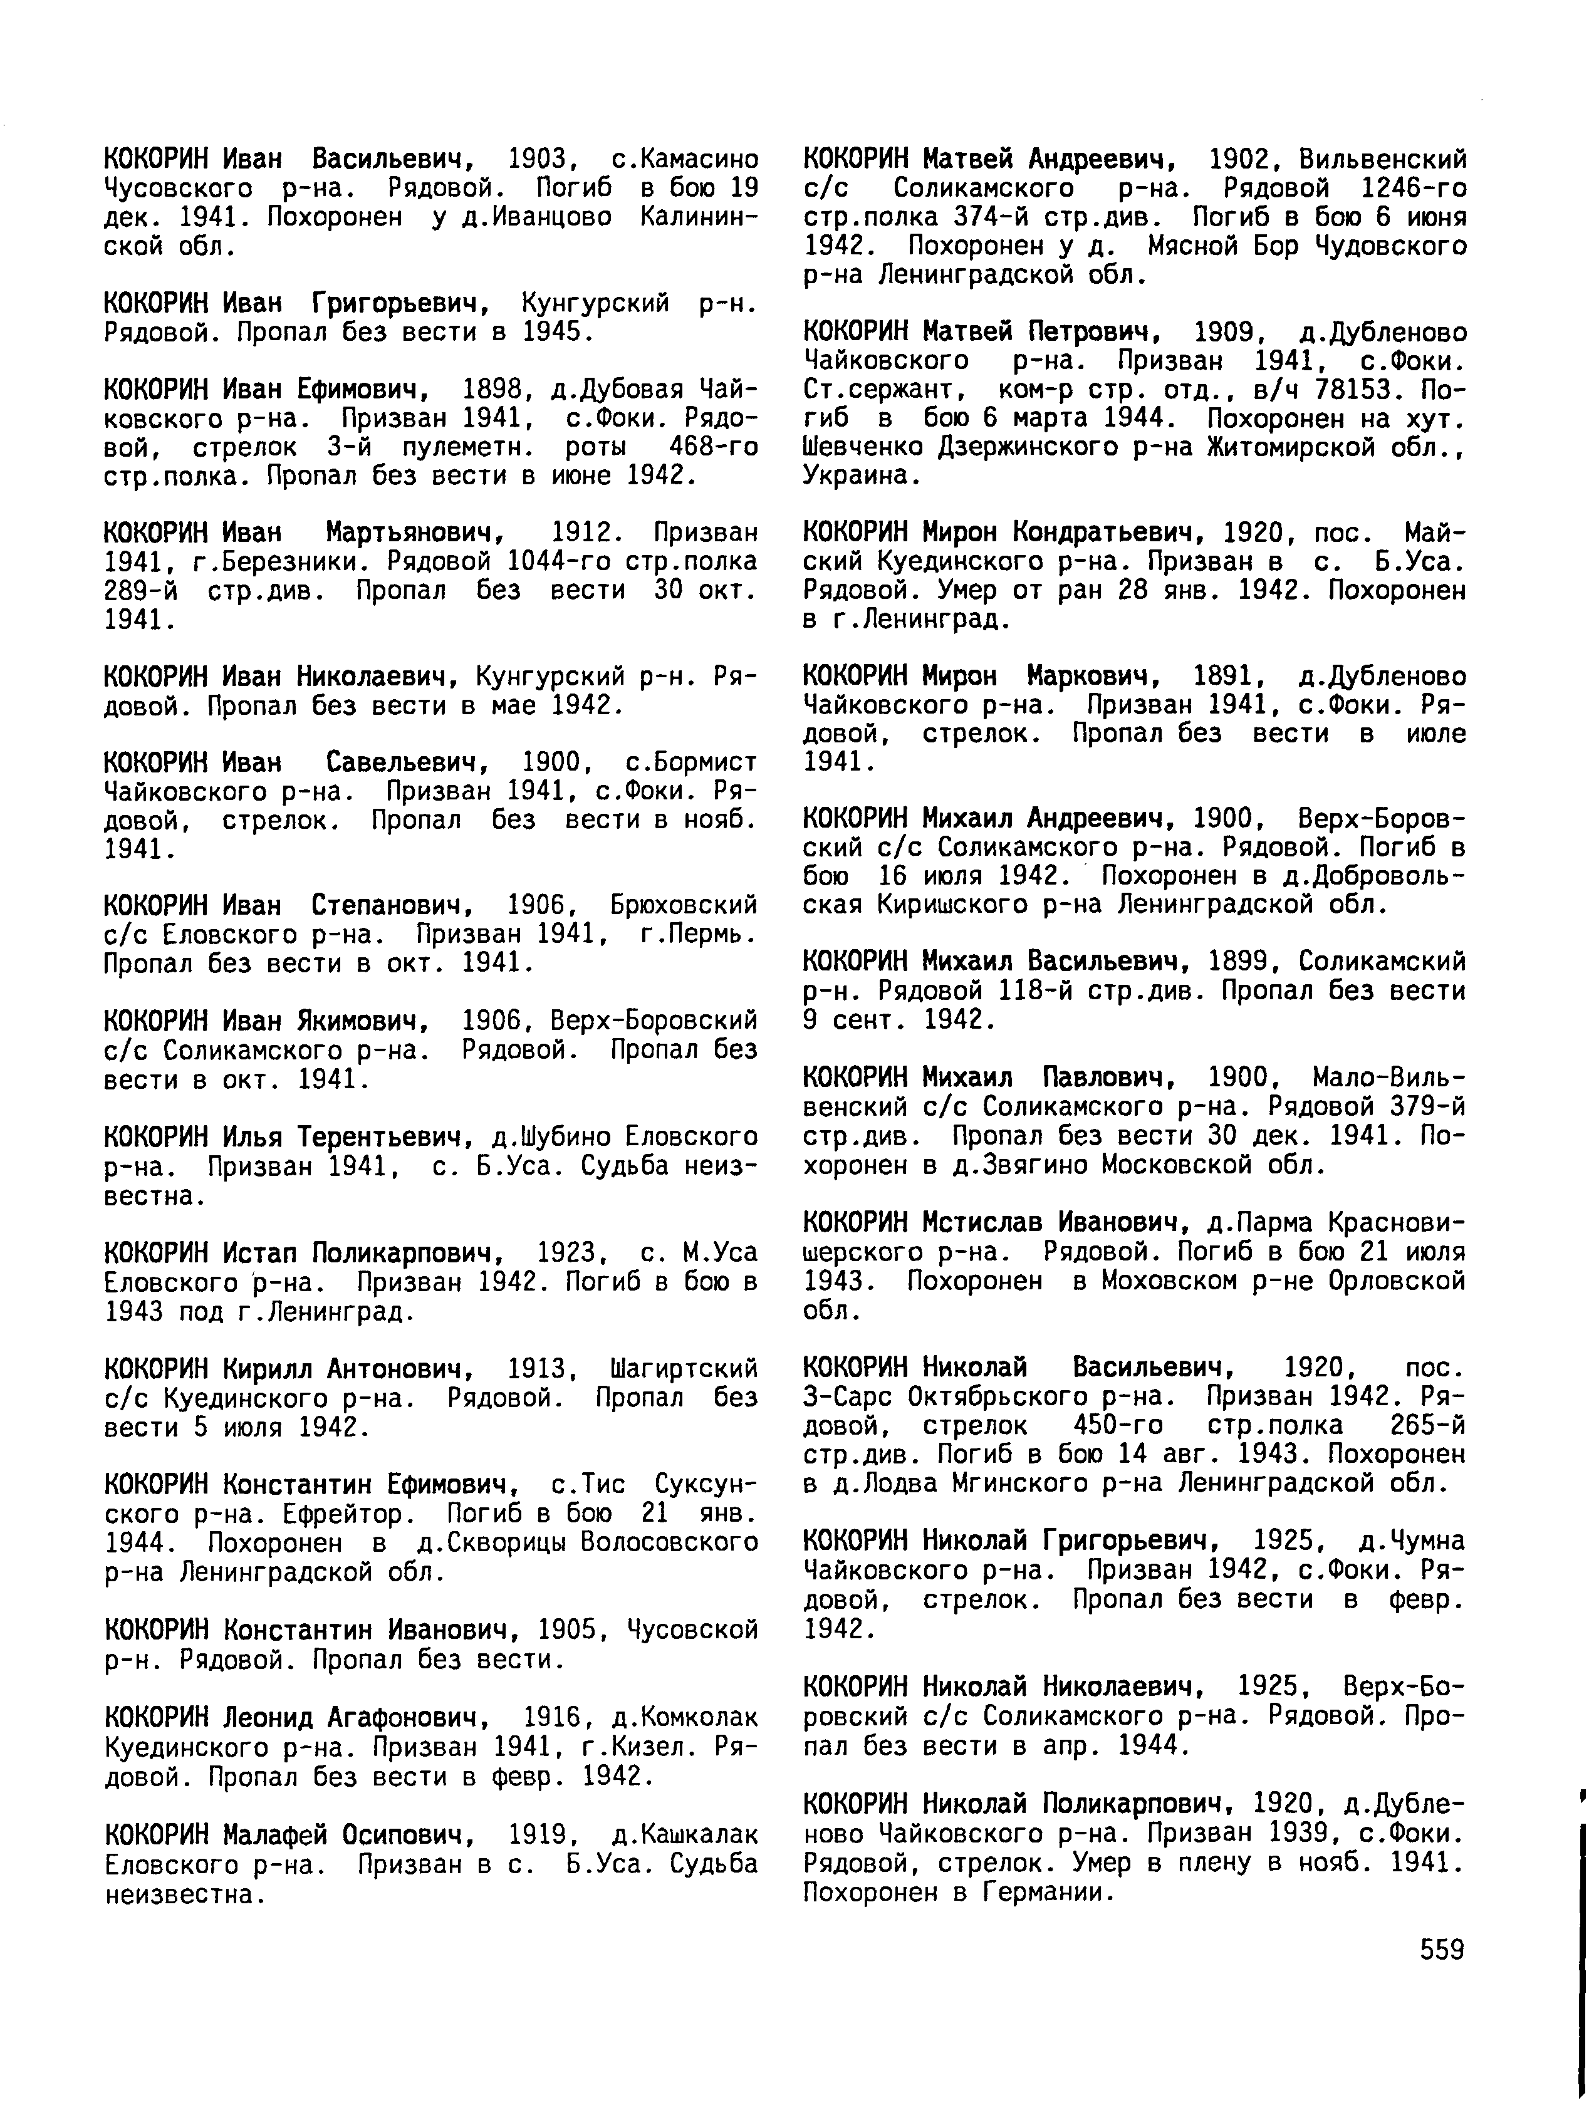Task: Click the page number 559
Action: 1441,1950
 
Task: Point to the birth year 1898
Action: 490,389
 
